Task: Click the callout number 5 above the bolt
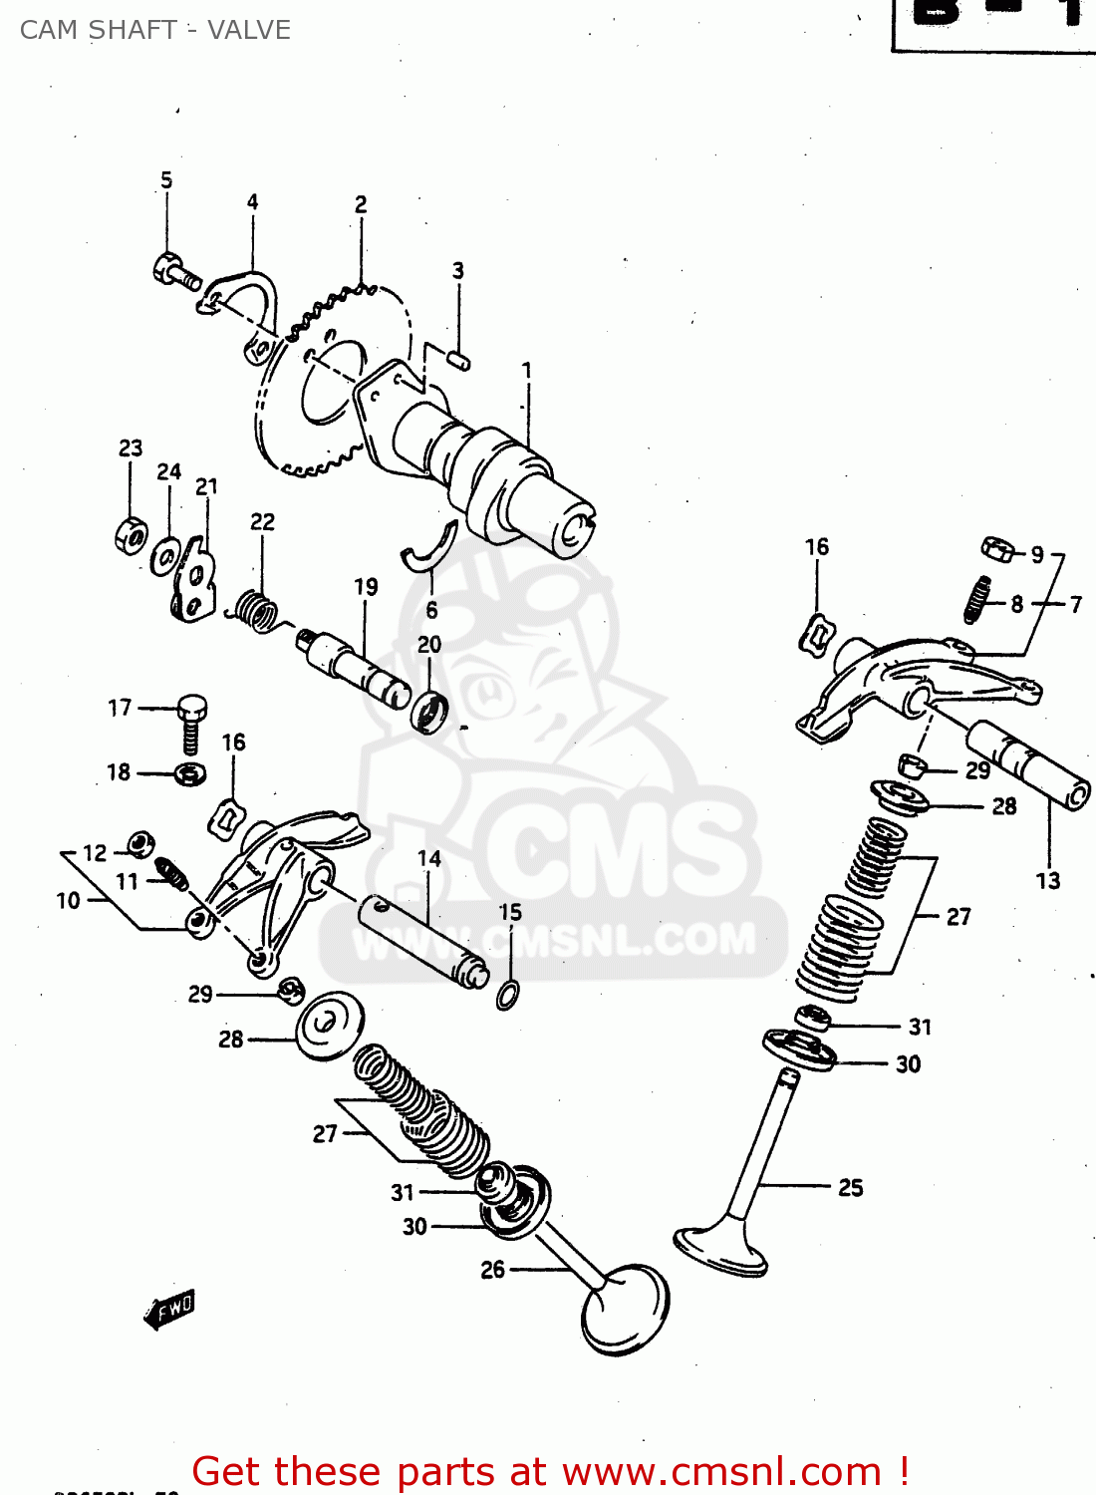coord(166,180)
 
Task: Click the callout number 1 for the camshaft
coord(527,371)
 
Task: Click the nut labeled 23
coord(131,536)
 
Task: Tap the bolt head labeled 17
coord(192,708)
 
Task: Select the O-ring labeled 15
coord(507,994)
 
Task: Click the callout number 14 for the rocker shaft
coord(429,858)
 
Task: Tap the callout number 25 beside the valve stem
coord(850,1187)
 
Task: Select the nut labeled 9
coord(997,549)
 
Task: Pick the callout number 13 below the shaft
coord(1048,880)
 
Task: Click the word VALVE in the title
coord(249,30)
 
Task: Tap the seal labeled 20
coord(430,711)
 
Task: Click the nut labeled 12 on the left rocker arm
coord(141,844)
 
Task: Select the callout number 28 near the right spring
coord(1004,806)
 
